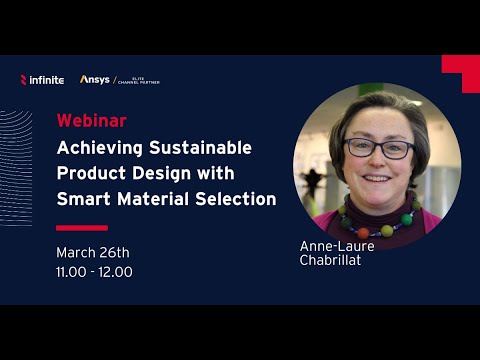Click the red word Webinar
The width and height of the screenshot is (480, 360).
[x=91, y=121]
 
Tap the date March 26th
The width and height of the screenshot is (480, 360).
[x=93, y=252]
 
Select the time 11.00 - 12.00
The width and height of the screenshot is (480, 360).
[x=95, y=271]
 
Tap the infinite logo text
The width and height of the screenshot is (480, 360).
[x=46, y=79]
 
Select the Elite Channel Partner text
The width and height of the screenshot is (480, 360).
[x=139, y=80]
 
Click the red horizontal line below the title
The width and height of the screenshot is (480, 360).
[x=81, y=227]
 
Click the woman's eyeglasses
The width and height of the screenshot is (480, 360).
[x=380, y=149]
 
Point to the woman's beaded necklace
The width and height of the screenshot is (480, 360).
[x=379, y=215]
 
